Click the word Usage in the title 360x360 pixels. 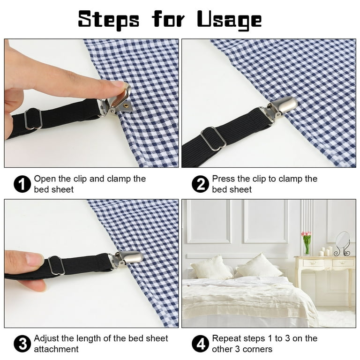pos(229,20)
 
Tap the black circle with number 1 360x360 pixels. pos(22,184)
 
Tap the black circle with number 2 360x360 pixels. pos(200,184)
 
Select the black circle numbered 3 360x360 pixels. pos(22,344)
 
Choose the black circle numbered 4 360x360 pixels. pos(200,344)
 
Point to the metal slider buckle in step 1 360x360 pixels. pos(33,119)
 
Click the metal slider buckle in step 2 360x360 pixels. pos(214,139)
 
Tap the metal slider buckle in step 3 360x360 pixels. pos(56,266)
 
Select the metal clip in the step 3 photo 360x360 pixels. pos(126,259)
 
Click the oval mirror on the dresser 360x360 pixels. pos(343,240)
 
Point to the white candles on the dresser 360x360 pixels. pos(326,251)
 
